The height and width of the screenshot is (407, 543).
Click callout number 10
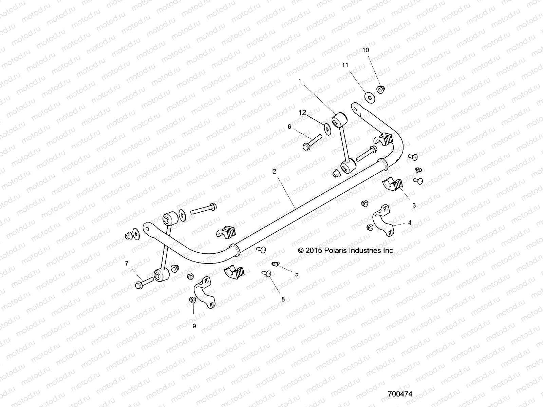366,50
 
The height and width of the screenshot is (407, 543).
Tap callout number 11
345,65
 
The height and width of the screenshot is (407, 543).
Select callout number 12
302,112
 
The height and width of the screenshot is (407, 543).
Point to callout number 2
274,172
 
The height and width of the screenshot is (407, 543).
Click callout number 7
127,263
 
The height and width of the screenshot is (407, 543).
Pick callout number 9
194,326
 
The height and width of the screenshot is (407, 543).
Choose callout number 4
410,222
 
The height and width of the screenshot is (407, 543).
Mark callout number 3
414,205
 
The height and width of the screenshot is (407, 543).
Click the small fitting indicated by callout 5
276,264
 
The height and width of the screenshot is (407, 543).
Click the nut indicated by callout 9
192,300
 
